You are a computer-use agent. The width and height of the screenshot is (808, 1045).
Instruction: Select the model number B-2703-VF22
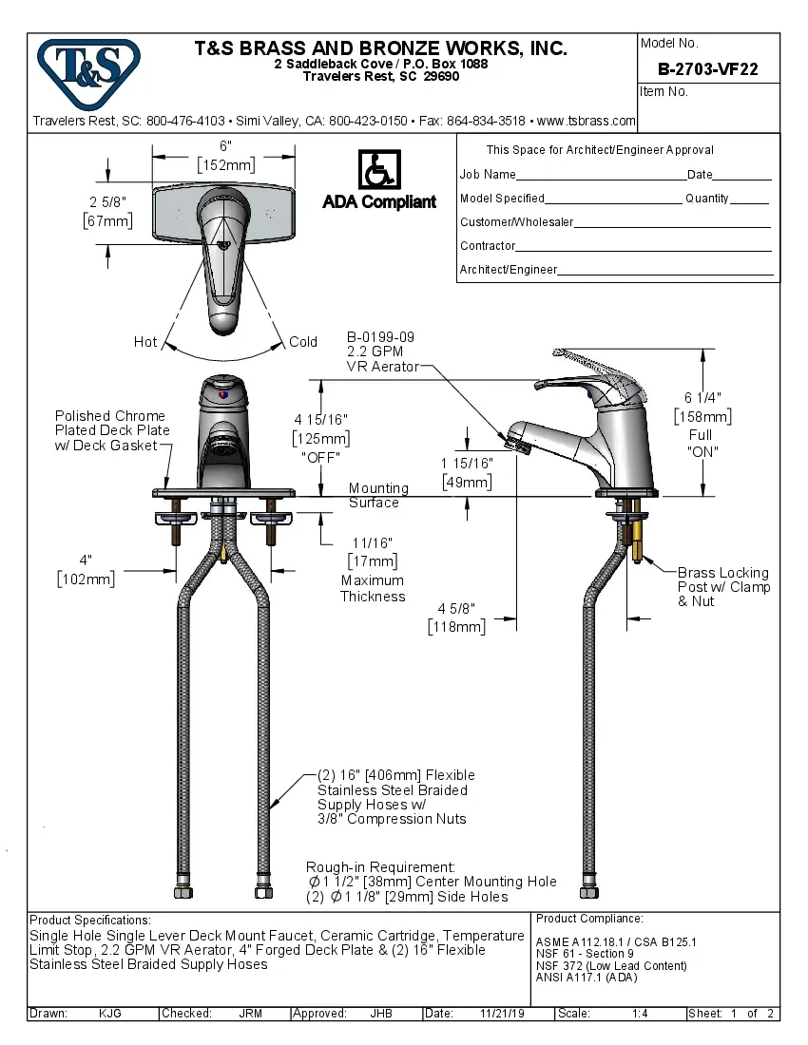[x=708, y=68]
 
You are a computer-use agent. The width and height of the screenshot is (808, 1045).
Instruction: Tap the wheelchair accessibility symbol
[x=378, y=170]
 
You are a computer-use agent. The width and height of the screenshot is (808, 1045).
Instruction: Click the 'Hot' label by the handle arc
[x=145, y=342]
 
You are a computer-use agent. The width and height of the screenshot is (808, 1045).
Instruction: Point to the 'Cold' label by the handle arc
[x=303, y=342]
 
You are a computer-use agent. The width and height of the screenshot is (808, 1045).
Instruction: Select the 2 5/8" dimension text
[x=107, y=202]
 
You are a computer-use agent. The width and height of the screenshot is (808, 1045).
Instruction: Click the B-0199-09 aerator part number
[x=380, y=337]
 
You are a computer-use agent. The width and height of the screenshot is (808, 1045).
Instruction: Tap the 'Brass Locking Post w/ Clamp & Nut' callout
[x=723, y=587]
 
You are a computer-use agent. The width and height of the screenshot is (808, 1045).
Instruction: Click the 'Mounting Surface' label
[x=377, y=495]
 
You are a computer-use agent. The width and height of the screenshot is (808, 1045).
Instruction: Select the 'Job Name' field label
[x=488, y=175]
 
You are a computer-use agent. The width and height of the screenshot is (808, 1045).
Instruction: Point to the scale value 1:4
[x=640, y=1014]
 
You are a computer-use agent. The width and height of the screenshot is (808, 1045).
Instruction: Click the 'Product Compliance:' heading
[x=589, y=919]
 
